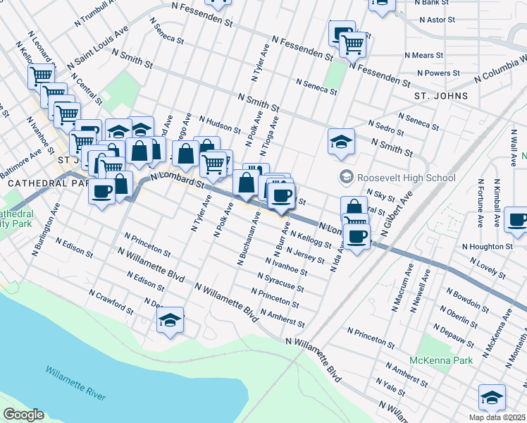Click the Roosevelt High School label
pyautogui.click(x=407, y=178)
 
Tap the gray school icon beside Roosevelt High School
pyautogui.click(x=346, y=177)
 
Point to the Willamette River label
pyautogui.click(x=76, y=382)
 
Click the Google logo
pyautogui.click(x=23, y=415)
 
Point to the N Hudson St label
pyautogui.click(x=221, y=125)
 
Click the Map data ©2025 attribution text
pyautogui.click(x=497, y=417)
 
